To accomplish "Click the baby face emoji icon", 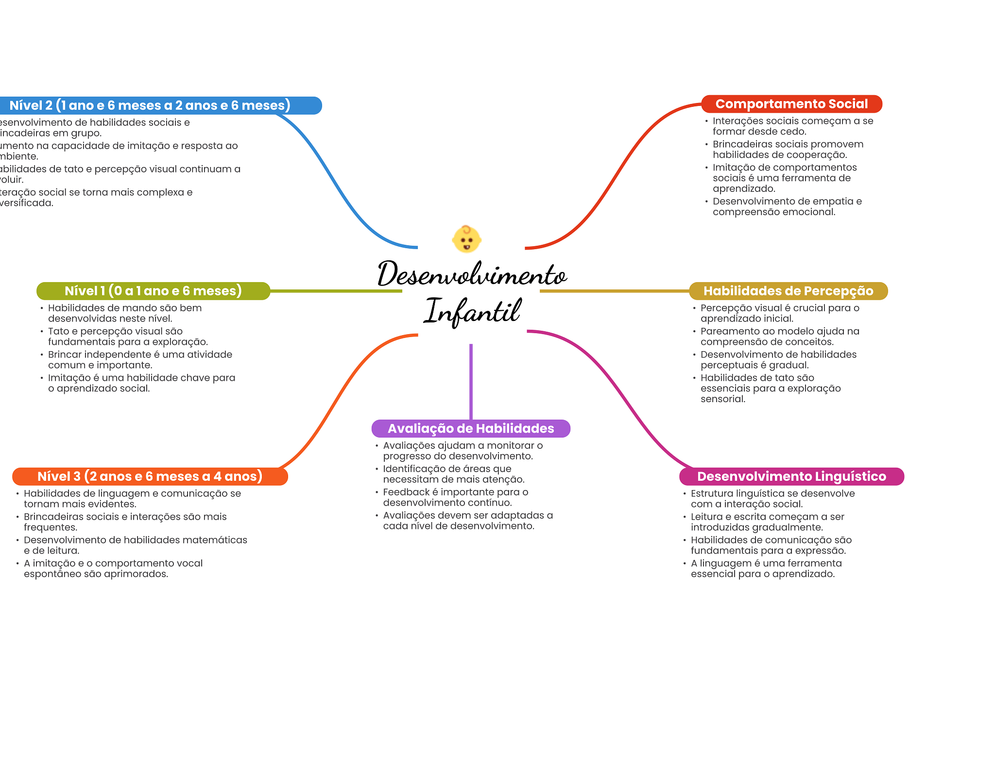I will [466, 239].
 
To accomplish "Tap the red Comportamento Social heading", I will [791, 104].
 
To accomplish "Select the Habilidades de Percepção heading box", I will [788, 291].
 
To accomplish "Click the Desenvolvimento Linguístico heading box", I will [791, 476].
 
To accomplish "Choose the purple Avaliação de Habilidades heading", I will [471, 428].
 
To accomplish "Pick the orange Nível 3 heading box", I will [150, 476].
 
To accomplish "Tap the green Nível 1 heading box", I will [153, 291].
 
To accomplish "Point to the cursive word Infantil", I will [472, 311].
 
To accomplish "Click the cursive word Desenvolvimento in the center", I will [472, 274].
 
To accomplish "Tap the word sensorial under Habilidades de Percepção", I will [722, 399].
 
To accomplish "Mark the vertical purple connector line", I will [471, 381].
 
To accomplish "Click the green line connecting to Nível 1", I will [335, 291].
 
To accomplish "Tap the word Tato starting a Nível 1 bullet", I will [58, 331].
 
